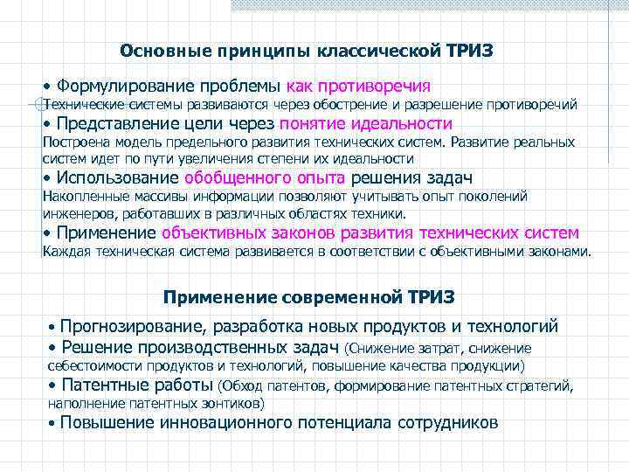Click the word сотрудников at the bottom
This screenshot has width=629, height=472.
(x=447, y=423)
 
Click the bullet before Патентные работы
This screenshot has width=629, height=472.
(x=52, y=385)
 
